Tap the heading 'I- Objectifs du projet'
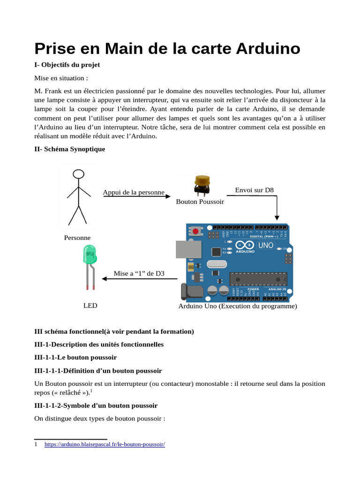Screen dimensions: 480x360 click(x=67, y=65)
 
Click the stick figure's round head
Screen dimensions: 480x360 click(x=78, y=174)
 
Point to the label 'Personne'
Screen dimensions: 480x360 click(x=77, y=238)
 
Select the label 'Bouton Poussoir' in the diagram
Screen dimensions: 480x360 click(x=200, y=202)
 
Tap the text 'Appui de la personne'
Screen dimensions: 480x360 click(x=134, y=192)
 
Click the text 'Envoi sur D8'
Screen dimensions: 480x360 click(x=254, y=190)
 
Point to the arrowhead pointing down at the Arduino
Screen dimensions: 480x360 click(x=277, y=217)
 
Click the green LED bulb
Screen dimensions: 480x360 click(x=89, y=255)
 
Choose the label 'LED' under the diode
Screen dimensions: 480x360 click(x=90, y=306)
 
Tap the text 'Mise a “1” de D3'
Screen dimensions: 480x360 click(x=139, y=274)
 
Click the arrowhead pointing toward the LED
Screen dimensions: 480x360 click(x=105, y=279)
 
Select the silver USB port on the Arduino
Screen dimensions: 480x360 click(x=188, y=249)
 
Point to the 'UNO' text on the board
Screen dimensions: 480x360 click(x=266, y=245)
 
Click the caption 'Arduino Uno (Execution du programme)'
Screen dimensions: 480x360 click(x=238, y=306)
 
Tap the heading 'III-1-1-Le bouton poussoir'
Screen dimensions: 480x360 click(x=75, y=357)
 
